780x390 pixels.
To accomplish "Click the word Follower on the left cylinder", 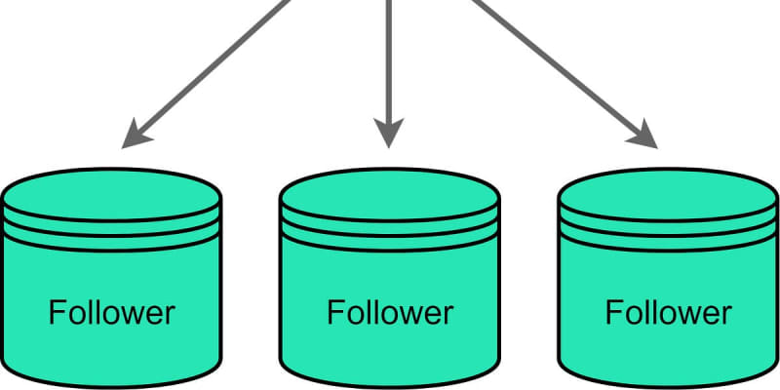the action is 112,312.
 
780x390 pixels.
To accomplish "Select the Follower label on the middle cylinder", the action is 390,312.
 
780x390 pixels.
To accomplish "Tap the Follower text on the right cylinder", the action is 669,312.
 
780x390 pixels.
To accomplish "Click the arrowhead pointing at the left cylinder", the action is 136,135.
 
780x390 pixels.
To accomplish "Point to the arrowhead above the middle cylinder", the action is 388,133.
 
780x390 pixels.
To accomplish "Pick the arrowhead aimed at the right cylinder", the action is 643,135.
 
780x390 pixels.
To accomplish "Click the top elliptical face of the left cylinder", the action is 112,194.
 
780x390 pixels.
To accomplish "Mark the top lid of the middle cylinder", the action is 390,194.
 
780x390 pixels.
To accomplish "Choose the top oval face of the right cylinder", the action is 669,194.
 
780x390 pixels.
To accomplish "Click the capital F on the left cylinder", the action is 57,312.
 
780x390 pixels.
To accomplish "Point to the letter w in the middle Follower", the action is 409,316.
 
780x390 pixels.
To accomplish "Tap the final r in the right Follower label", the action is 727,315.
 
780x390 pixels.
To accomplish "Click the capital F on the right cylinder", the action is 613,312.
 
